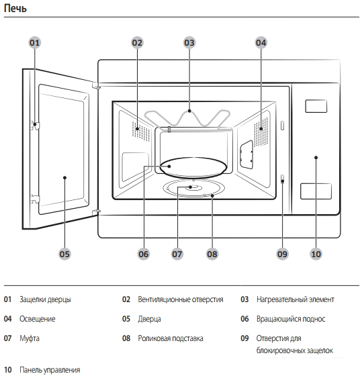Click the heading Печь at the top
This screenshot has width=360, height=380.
click(x=16, y=9)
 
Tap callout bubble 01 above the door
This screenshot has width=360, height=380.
click(x=35, y=42)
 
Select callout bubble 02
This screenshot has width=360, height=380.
click(x=137, y=42)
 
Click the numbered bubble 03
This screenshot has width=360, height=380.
click(x=189, y=42)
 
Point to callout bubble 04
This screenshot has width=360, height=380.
click(x=261, y=42)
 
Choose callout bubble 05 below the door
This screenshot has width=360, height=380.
click(x=64, y=254)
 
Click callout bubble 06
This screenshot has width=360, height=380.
click(x=144, y=254)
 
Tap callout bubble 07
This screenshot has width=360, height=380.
click(x=177, y=254)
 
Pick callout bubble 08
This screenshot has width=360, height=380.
click(x=212, y=254)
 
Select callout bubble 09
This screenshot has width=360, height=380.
click(x=282, y=254)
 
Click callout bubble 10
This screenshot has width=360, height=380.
click(x=316, y=254)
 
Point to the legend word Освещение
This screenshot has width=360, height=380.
click(x=38, y=319)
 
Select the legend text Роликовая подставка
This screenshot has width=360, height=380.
click(x=170, y=338)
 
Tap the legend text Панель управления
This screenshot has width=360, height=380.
click(x=50, y=370)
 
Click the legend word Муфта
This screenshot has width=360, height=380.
click(x=30, y=338)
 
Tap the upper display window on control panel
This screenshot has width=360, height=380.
click(x=316, y=106)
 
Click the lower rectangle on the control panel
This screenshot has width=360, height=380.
click(x=316, y=191)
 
